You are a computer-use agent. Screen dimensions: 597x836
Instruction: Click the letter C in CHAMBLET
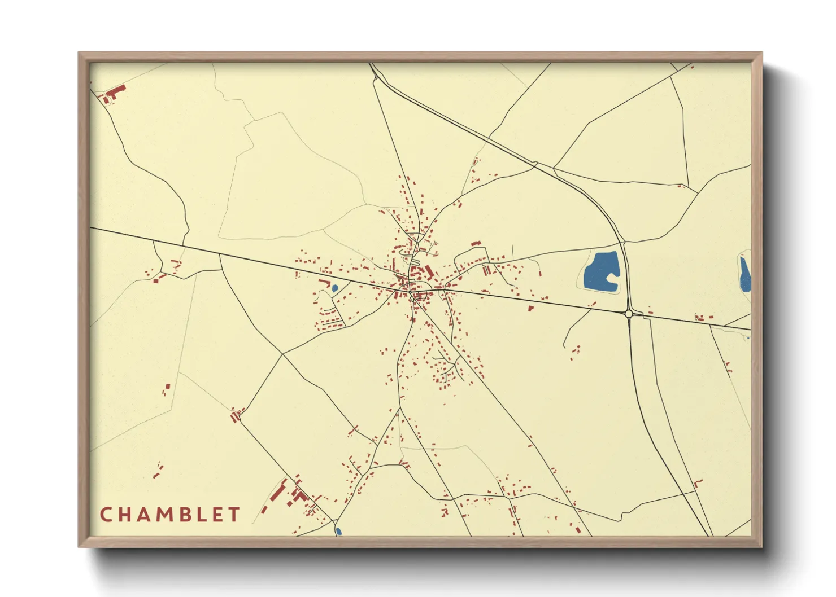[x=106, y=514]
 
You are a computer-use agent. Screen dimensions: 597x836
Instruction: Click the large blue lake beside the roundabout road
[x=599, y=269]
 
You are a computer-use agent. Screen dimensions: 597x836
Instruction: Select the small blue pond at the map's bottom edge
[x=338, y=531]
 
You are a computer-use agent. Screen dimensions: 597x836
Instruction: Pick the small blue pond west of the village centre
[x=334, y=288]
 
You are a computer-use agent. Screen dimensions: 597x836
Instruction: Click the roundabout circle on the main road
[x=629, y=314]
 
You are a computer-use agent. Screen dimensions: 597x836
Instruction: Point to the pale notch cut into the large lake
[x=612, y=278]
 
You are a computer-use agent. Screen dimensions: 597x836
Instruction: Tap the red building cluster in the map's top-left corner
[x=113, y=94]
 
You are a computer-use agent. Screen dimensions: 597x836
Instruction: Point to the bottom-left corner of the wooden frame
[x=80, y=546]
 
